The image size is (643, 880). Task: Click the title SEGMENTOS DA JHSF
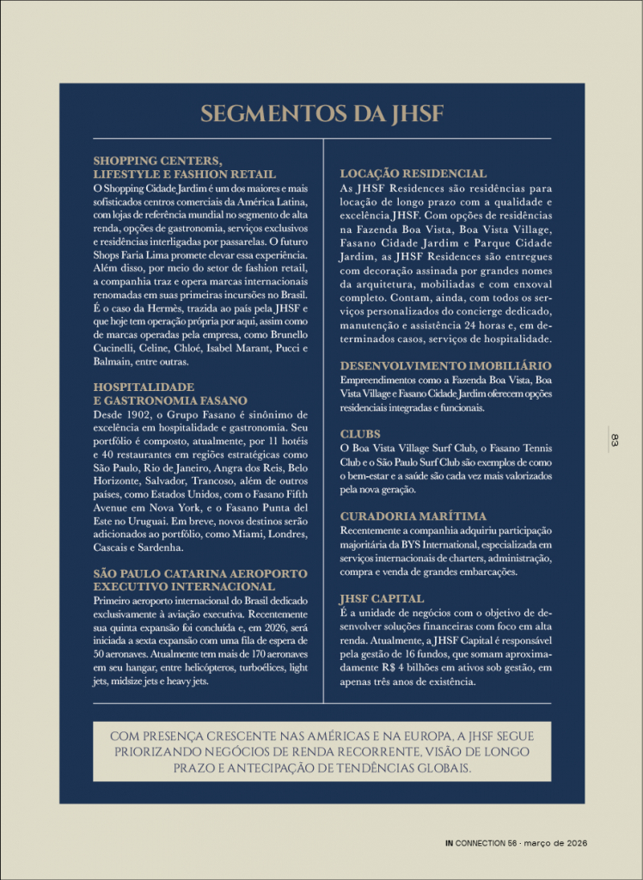tap(321, 114)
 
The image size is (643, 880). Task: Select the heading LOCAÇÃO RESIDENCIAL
tap(413, 174)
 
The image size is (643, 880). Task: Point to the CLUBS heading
tap(359, 434)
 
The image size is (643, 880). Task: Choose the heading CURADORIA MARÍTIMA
tap(413, 516)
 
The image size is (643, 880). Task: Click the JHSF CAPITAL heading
tap(383, 598)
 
